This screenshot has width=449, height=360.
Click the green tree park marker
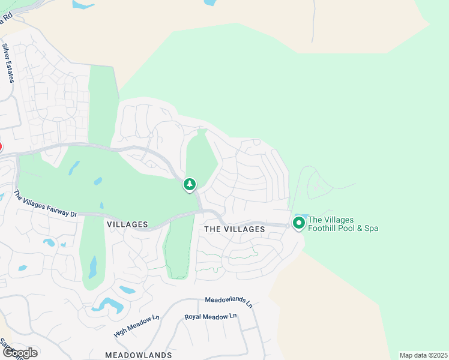tap(190, 184)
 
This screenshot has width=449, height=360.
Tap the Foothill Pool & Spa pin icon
tap(298, 223)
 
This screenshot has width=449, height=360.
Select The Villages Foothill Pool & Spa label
tap(343, 224)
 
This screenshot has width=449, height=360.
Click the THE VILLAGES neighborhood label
tap(234, 229)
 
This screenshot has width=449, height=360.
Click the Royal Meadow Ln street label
tap(211, 316)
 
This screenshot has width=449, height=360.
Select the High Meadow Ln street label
tap(136, 325)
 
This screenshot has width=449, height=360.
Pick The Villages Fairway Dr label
tap(46, 204)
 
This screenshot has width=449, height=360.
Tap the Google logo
tap(19, 353)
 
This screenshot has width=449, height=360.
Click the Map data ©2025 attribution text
tap(423, 355)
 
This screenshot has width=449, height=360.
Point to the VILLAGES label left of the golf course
tap(127, 224)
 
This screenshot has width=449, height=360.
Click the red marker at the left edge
tap(1, 146)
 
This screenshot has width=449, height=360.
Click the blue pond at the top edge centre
tap(210, 2)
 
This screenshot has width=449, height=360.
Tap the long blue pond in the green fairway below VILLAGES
tap(93, 267)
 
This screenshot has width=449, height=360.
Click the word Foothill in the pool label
tap(324, 228)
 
